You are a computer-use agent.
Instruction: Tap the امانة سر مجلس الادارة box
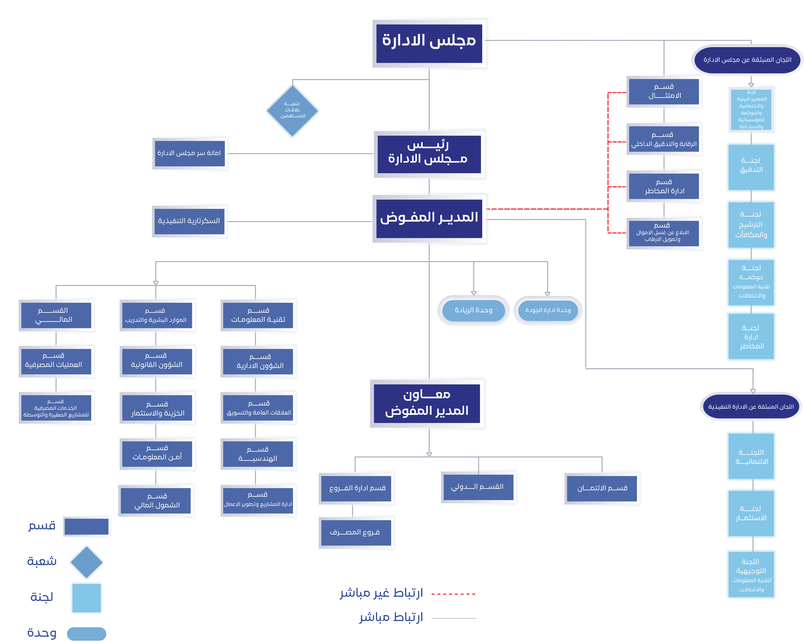(190, 153)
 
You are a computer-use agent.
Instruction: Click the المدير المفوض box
(429, 219)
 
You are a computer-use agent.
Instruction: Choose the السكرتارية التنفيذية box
(189, 221)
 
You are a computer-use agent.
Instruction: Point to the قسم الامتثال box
(664, 91)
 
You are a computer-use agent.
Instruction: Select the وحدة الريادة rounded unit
(474, 310)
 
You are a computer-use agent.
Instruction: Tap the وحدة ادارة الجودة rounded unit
(548, 310)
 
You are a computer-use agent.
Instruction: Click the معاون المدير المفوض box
(427, 403)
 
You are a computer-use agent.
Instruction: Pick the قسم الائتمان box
(602, 488)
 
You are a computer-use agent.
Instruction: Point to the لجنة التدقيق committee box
(751, 167)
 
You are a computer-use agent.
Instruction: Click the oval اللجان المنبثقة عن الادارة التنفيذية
(751, 407)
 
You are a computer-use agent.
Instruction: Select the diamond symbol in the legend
(87, 562)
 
